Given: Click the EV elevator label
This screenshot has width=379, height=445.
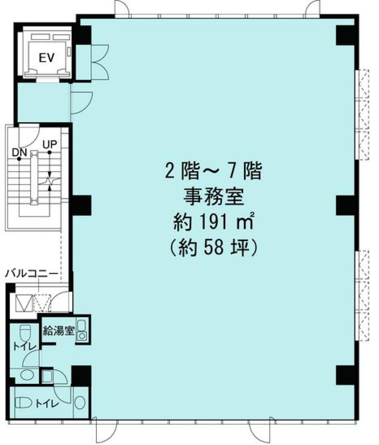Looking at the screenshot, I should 47,58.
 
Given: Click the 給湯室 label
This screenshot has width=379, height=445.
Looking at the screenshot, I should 58,330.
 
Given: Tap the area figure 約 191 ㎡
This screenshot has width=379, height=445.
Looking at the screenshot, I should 213,222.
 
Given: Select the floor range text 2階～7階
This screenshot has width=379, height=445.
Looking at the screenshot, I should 213,172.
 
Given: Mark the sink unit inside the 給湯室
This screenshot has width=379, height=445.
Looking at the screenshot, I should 81,331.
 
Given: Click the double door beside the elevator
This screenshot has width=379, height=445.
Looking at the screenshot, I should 100,62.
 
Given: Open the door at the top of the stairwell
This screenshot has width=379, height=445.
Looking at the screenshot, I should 29,133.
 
